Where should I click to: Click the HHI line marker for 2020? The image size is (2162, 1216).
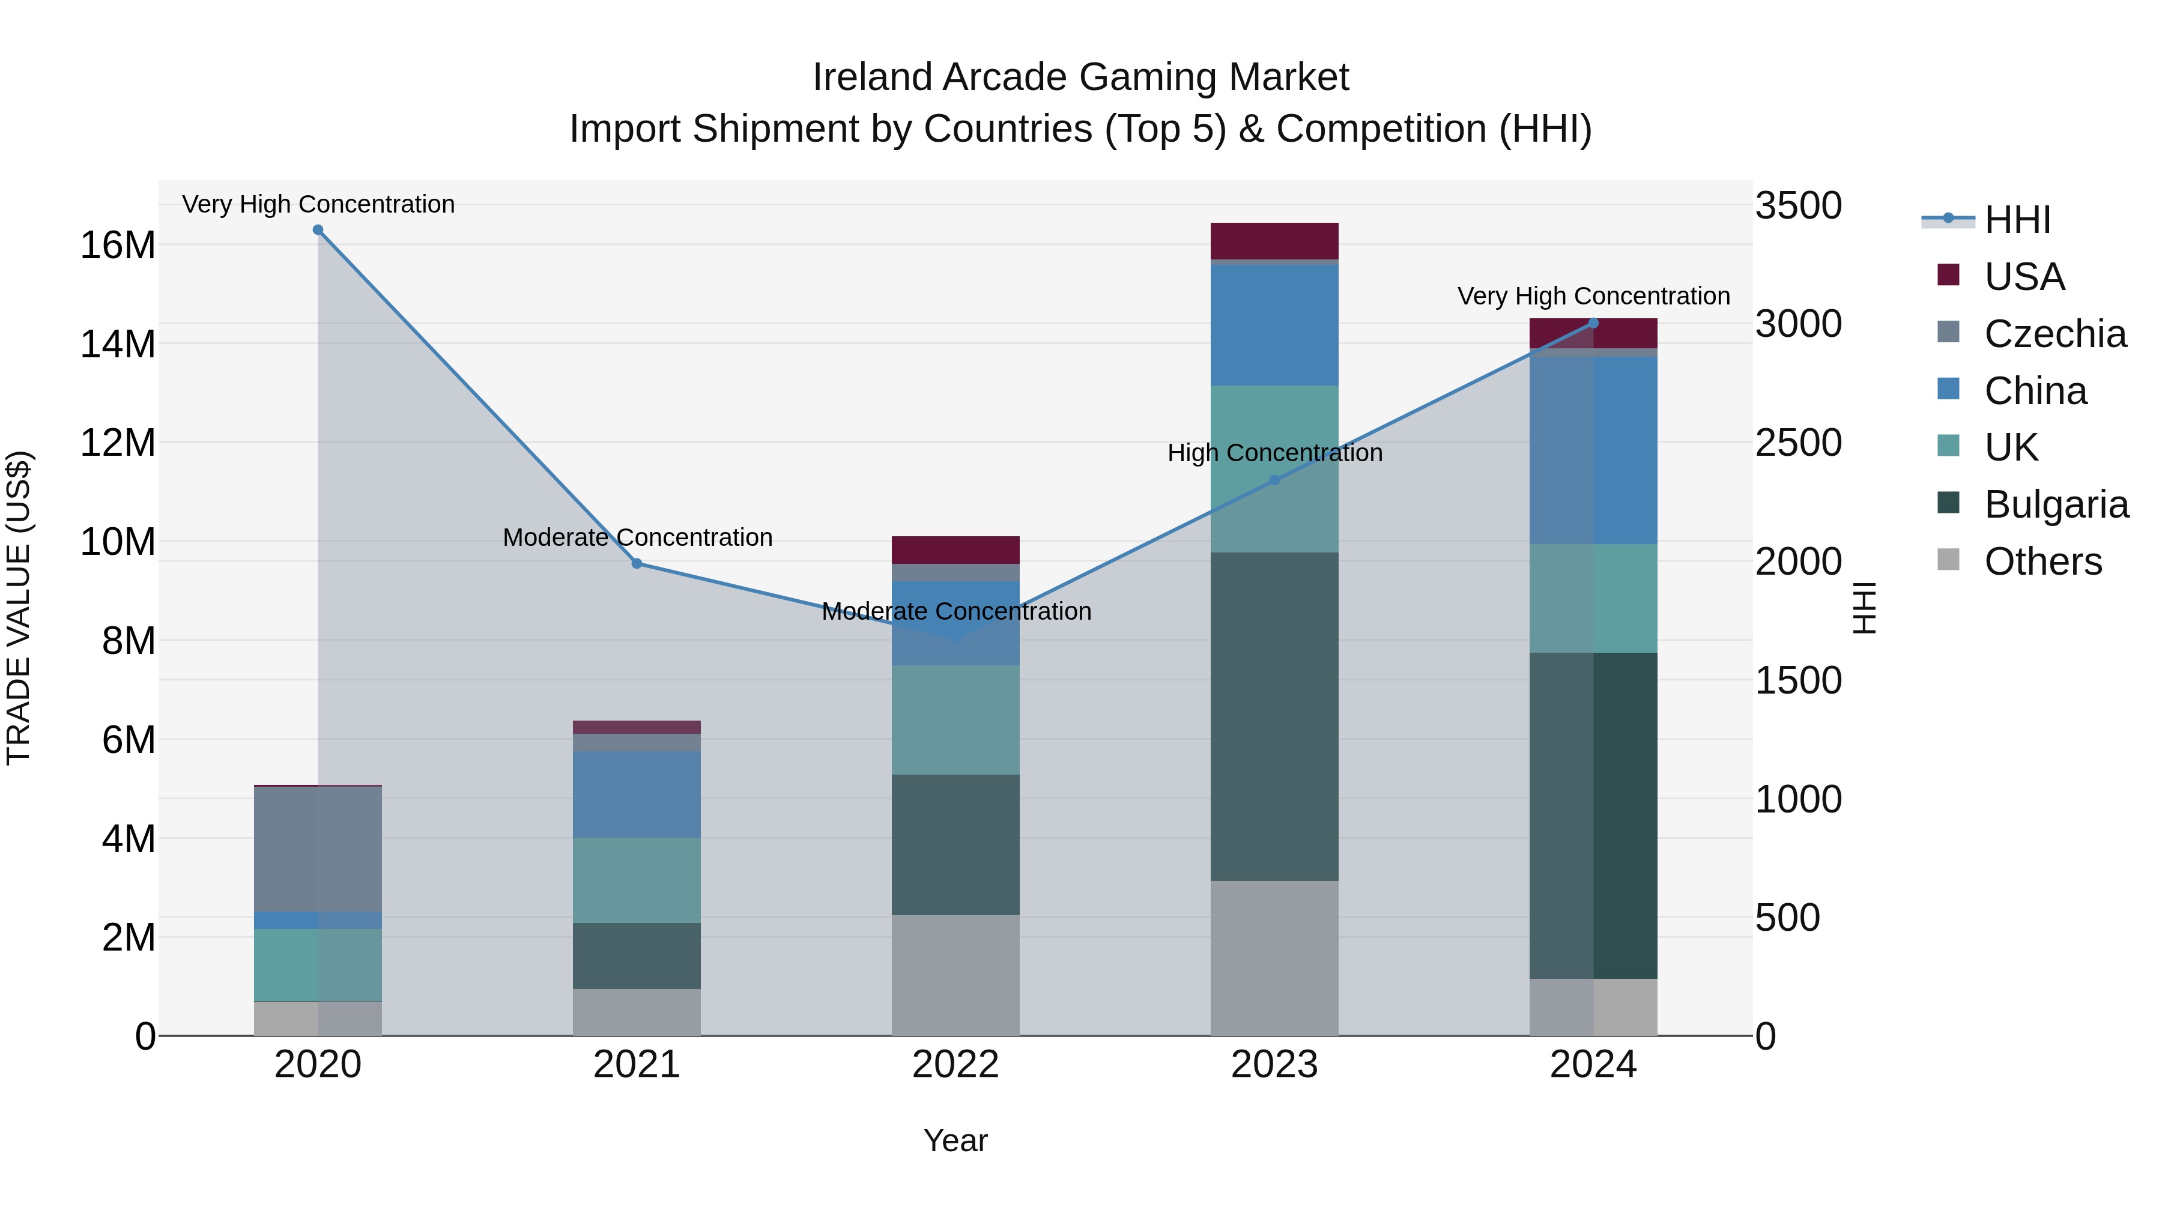point(318,230)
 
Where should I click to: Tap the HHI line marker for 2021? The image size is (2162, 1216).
point(637,564)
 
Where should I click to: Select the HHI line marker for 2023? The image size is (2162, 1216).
point(1274,480)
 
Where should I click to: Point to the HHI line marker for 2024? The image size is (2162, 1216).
point(1593,323)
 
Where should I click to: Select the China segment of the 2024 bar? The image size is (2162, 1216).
point(1593,450)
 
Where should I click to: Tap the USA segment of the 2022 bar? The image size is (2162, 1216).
point(955,549)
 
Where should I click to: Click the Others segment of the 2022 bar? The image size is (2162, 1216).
point(955,975)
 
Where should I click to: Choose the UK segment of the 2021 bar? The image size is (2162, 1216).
point(637,880)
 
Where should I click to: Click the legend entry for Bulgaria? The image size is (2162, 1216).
point(2056,504)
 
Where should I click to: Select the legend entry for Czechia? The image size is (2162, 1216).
point(2054,334)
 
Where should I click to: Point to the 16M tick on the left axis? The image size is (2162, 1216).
point(118,245)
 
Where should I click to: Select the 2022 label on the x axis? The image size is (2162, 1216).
point(955,1065)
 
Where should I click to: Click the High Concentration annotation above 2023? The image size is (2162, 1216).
point(1274,453)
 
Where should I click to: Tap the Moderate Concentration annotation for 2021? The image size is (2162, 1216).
point(637,537)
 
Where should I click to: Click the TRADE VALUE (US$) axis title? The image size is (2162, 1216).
point(19,608)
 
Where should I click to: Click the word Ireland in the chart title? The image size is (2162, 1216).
point(872,77)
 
